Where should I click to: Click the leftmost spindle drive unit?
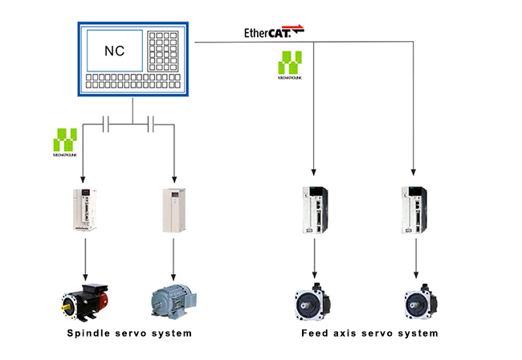coord(84,210)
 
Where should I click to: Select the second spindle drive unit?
coord(174,210)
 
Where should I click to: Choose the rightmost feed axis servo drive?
coord(414,211)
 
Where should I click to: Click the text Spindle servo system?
coord(130,333)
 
